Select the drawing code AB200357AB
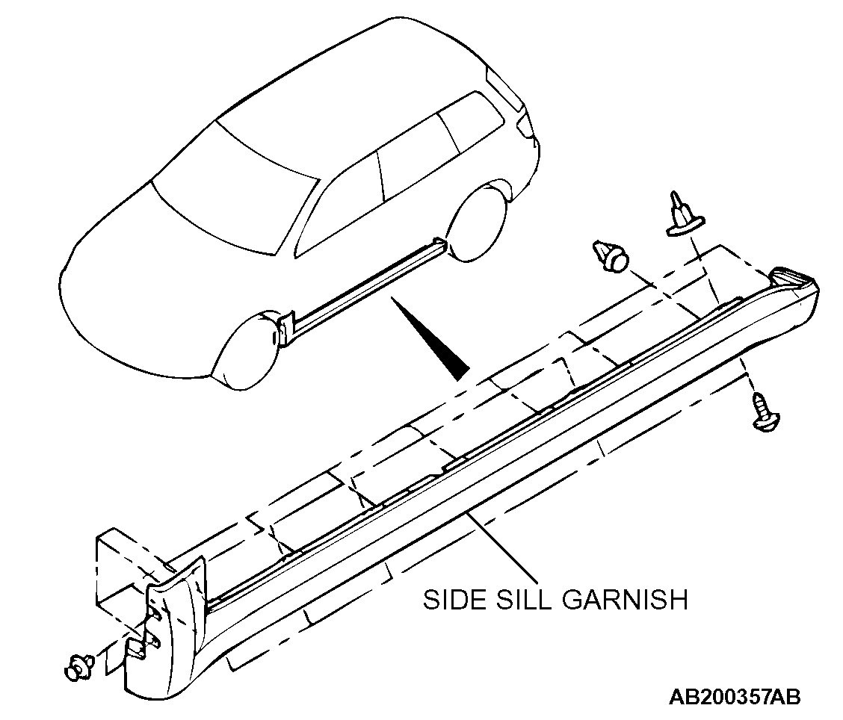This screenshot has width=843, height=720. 735,698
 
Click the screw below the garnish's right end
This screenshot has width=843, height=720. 763,413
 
